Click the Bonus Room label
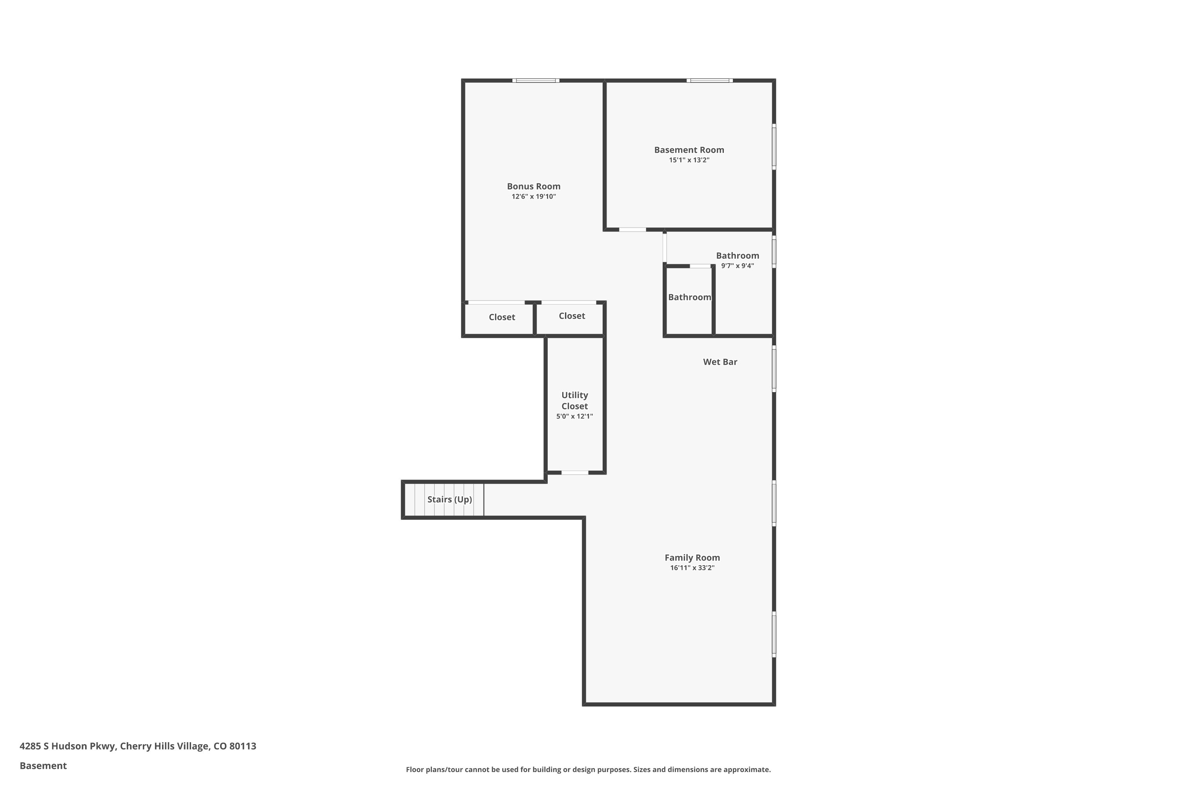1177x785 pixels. [534, 186]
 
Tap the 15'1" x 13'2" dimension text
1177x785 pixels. [689, 160]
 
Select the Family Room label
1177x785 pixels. [692, 557]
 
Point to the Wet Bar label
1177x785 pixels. [720, 362]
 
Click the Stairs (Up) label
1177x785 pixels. [449, 499]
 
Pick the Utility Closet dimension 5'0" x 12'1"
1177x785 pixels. [574, 416]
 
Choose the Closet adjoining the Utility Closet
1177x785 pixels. [572, 316]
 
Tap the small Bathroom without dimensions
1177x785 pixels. [689, 298]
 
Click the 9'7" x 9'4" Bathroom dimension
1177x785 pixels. [737, 266]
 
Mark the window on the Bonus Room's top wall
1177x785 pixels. [536, 80]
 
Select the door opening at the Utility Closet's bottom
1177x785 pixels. [574, 473]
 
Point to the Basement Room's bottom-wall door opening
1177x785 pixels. [632, 230]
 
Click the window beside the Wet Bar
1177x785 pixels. [774, 369]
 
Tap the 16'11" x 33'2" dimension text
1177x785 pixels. [692, 568]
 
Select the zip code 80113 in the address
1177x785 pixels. [243, 746]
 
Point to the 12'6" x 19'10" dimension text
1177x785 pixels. [534, 197]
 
